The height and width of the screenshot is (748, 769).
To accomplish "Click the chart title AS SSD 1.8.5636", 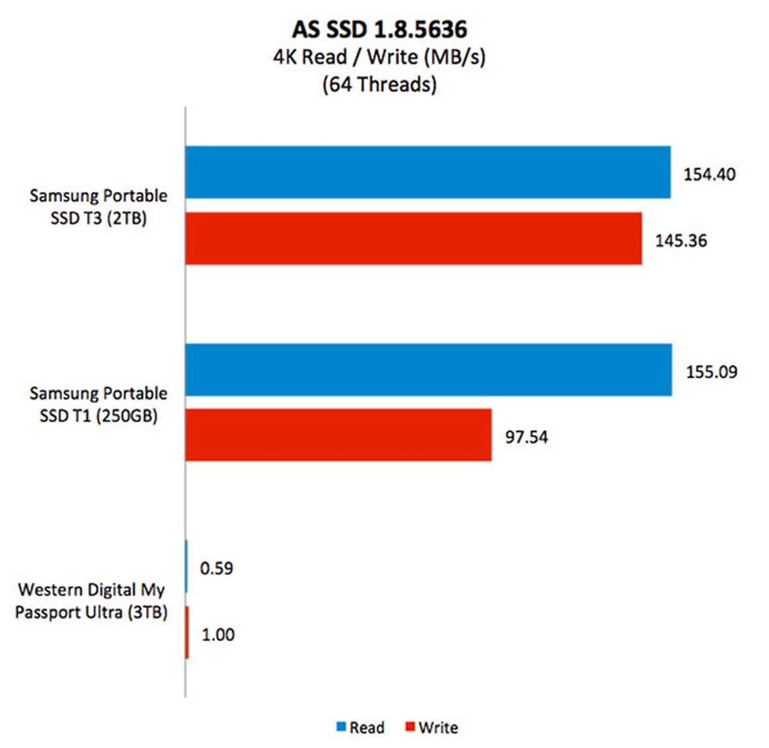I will tap(379, 29).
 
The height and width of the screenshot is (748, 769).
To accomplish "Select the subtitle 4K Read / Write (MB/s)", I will tap(379, 57).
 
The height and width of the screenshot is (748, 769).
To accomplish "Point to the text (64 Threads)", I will tap(379, 84).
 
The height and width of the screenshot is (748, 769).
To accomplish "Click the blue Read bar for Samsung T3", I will tap(427, 172).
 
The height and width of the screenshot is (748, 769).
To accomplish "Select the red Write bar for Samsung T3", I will tap(413, 238).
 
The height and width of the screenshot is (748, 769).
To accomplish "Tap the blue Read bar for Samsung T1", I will tap(428, 369).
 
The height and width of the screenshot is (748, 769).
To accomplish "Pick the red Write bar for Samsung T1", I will tap(338, 435).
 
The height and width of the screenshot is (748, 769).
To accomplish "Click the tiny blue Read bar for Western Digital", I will tap(186, 566).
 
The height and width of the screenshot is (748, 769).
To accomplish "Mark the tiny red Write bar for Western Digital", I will tap(187, 632).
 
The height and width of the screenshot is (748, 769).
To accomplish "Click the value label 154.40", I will tap(709, 174).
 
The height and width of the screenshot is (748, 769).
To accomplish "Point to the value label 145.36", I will tap(681, 240).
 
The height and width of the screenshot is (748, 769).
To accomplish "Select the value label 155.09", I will tap(711, 372).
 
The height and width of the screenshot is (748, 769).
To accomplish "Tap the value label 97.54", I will tap(526, 437).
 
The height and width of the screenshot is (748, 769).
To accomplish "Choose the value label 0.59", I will tap(216, 568).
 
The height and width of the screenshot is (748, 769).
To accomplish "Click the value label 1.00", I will tap(218, 635).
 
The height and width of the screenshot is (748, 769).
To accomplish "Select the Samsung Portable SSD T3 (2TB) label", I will tap(99, 207).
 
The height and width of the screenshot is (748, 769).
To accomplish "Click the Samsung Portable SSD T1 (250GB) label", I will tap(99, 404).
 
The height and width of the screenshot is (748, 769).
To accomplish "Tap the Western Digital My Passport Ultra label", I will tap(91, 601).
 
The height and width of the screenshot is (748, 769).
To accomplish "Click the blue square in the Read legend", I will tap(341, 726).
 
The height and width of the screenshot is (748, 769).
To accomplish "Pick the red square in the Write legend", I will tap(410, 726).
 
